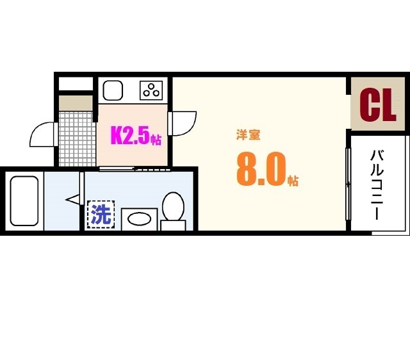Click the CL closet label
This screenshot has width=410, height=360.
[x=377, y=105]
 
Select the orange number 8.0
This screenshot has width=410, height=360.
[x=260, y=169]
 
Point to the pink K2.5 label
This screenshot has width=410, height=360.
[x=131, y=136]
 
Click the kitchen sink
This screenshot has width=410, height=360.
[x=113, y=90]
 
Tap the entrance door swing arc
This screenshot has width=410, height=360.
[x=42, y=134]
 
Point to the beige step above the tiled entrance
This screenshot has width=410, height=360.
[x=76, y=102]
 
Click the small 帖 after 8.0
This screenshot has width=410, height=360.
[x=292, y=180]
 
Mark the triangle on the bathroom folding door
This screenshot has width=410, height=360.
[x=72, y=200]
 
